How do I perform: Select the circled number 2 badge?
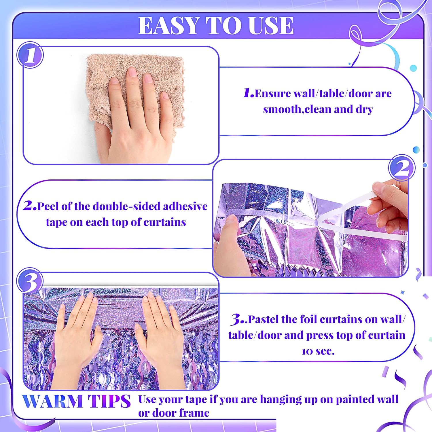pos(402,168)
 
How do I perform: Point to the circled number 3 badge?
pos(30,281)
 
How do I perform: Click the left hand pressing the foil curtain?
pos(76,331)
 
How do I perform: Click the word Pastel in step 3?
pos(264,319)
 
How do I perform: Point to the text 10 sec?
pos(318,351)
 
